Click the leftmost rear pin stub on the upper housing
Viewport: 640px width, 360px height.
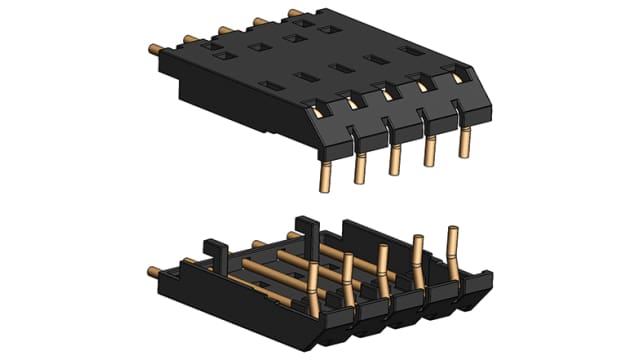[156, 46]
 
